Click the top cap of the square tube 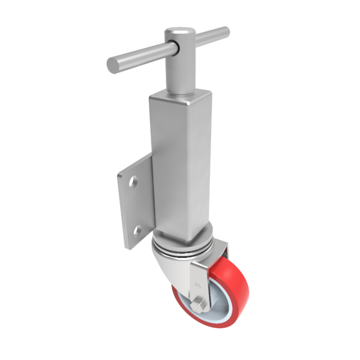180,94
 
